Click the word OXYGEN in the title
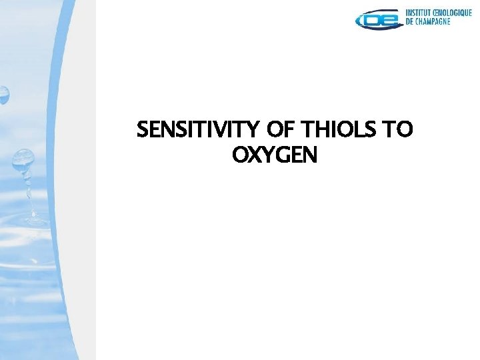click(x=275, y=155)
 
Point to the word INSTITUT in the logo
click(x=421, y=13)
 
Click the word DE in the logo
click(x=411, y=21)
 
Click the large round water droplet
click(x=23, y=158)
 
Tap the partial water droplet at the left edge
click(x=3, y=95)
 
